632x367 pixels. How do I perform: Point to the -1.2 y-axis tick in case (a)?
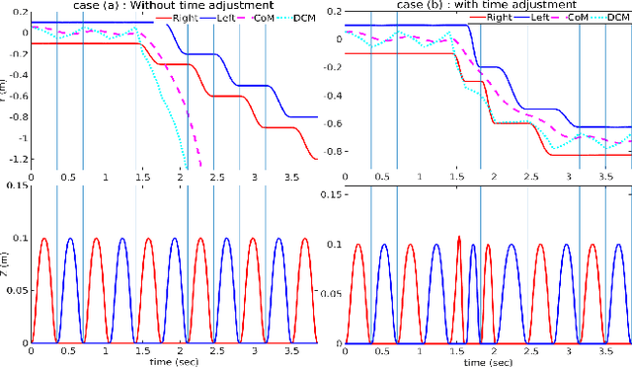[14, 158]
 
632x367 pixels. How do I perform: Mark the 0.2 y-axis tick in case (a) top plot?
[17, 10]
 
